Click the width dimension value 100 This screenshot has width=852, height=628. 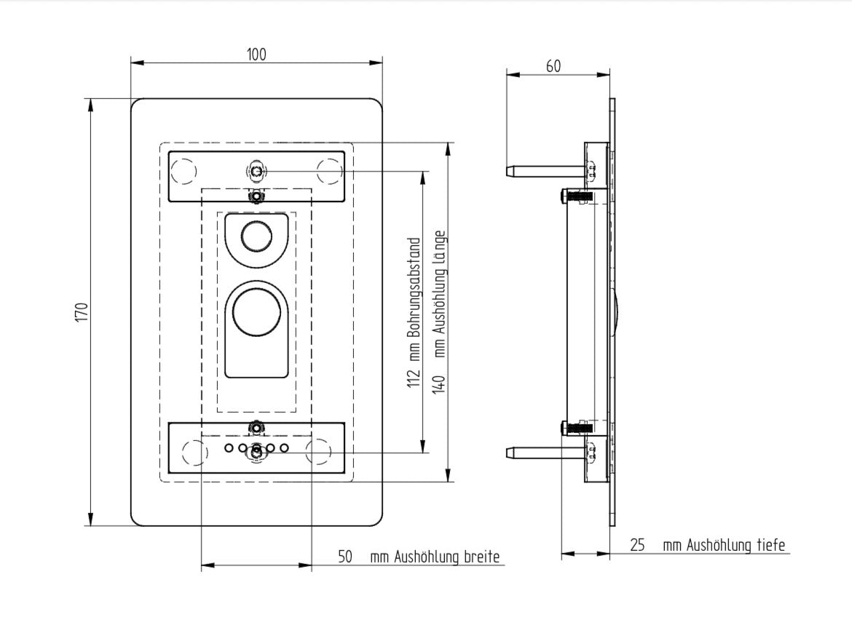coord(256,55)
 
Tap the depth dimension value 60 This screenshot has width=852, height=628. coord(553,66)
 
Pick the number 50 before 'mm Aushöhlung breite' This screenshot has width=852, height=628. coord(345,557)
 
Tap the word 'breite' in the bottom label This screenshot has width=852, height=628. coord(483,557)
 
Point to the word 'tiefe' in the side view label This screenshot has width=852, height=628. coord(770,546)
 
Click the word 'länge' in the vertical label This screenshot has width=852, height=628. coord(438,247)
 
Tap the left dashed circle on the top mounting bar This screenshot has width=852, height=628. coord(184,171)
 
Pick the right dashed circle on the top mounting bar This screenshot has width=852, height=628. coord(329,171)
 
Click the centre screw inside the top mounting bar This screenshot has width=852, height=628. coord(256,172)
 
